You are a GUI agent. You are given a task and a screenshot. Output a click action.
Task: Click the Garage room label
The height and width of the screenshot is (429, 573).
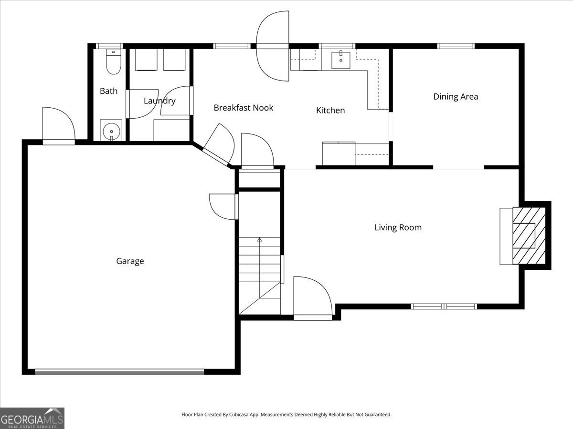tap(130, 261)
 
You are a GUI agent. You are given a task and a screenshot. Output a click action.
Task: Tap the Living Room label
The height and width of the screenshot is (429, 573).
tap(398, 227)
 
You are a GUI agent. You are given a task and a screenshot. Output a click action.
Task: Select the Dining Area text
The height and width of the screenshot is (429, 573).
tap(456, 97)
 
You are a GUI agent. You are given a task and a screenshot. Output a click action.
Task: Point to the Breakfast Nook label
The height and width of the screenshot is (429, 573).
tap(244, 108)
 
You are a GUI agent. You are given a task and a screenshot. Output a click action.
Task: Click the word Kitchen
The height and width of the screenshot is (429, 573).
tap(330, 110)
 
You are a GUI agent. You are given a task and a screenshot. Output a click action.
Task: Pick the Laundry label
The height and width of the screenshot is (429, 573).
tap(159, 101)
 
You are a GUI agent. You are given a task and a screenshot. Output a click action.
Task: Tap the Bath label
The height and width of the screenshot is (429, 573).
tap(108, 91)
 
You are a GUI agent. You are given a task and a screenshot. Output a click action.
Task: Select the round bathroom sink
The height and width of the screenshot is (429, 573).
tap(111, 132)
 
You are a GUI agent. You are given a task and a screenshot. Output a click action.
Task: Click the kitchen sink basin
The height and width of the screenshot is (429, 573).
tap(340, 60)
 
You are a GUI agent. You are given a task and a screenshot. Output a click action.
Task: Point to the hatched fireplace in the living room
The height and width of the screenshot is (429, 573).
tap(529, 235)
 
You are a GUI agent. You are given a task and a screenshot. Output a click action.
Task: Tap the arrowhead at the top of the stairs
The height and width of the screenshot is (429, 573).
tap(259, 239)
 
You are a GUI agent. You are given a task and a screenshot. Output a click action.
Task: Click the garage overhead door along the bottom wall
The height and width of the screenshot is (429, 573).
tap(119, 372)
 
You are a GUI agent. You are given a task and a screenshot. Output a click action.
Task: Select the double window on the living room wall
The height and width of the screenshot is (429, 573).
tap(444, 306)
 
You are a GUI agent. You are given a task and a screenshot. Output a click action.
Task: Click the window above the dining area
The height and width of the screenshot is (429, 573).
tap(456, 46)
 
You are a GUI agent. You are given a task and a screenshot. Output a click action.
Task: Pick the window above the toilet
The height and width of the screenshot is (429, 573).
tap(109, 46)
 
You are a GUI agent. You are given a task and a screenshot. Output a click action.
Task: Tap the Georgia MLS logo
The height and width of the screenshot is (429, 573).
tap(32, 419)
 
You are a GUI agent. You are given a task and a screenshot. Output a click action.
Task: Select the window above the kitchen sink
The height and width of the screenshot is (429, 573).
tap(337, 46)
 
